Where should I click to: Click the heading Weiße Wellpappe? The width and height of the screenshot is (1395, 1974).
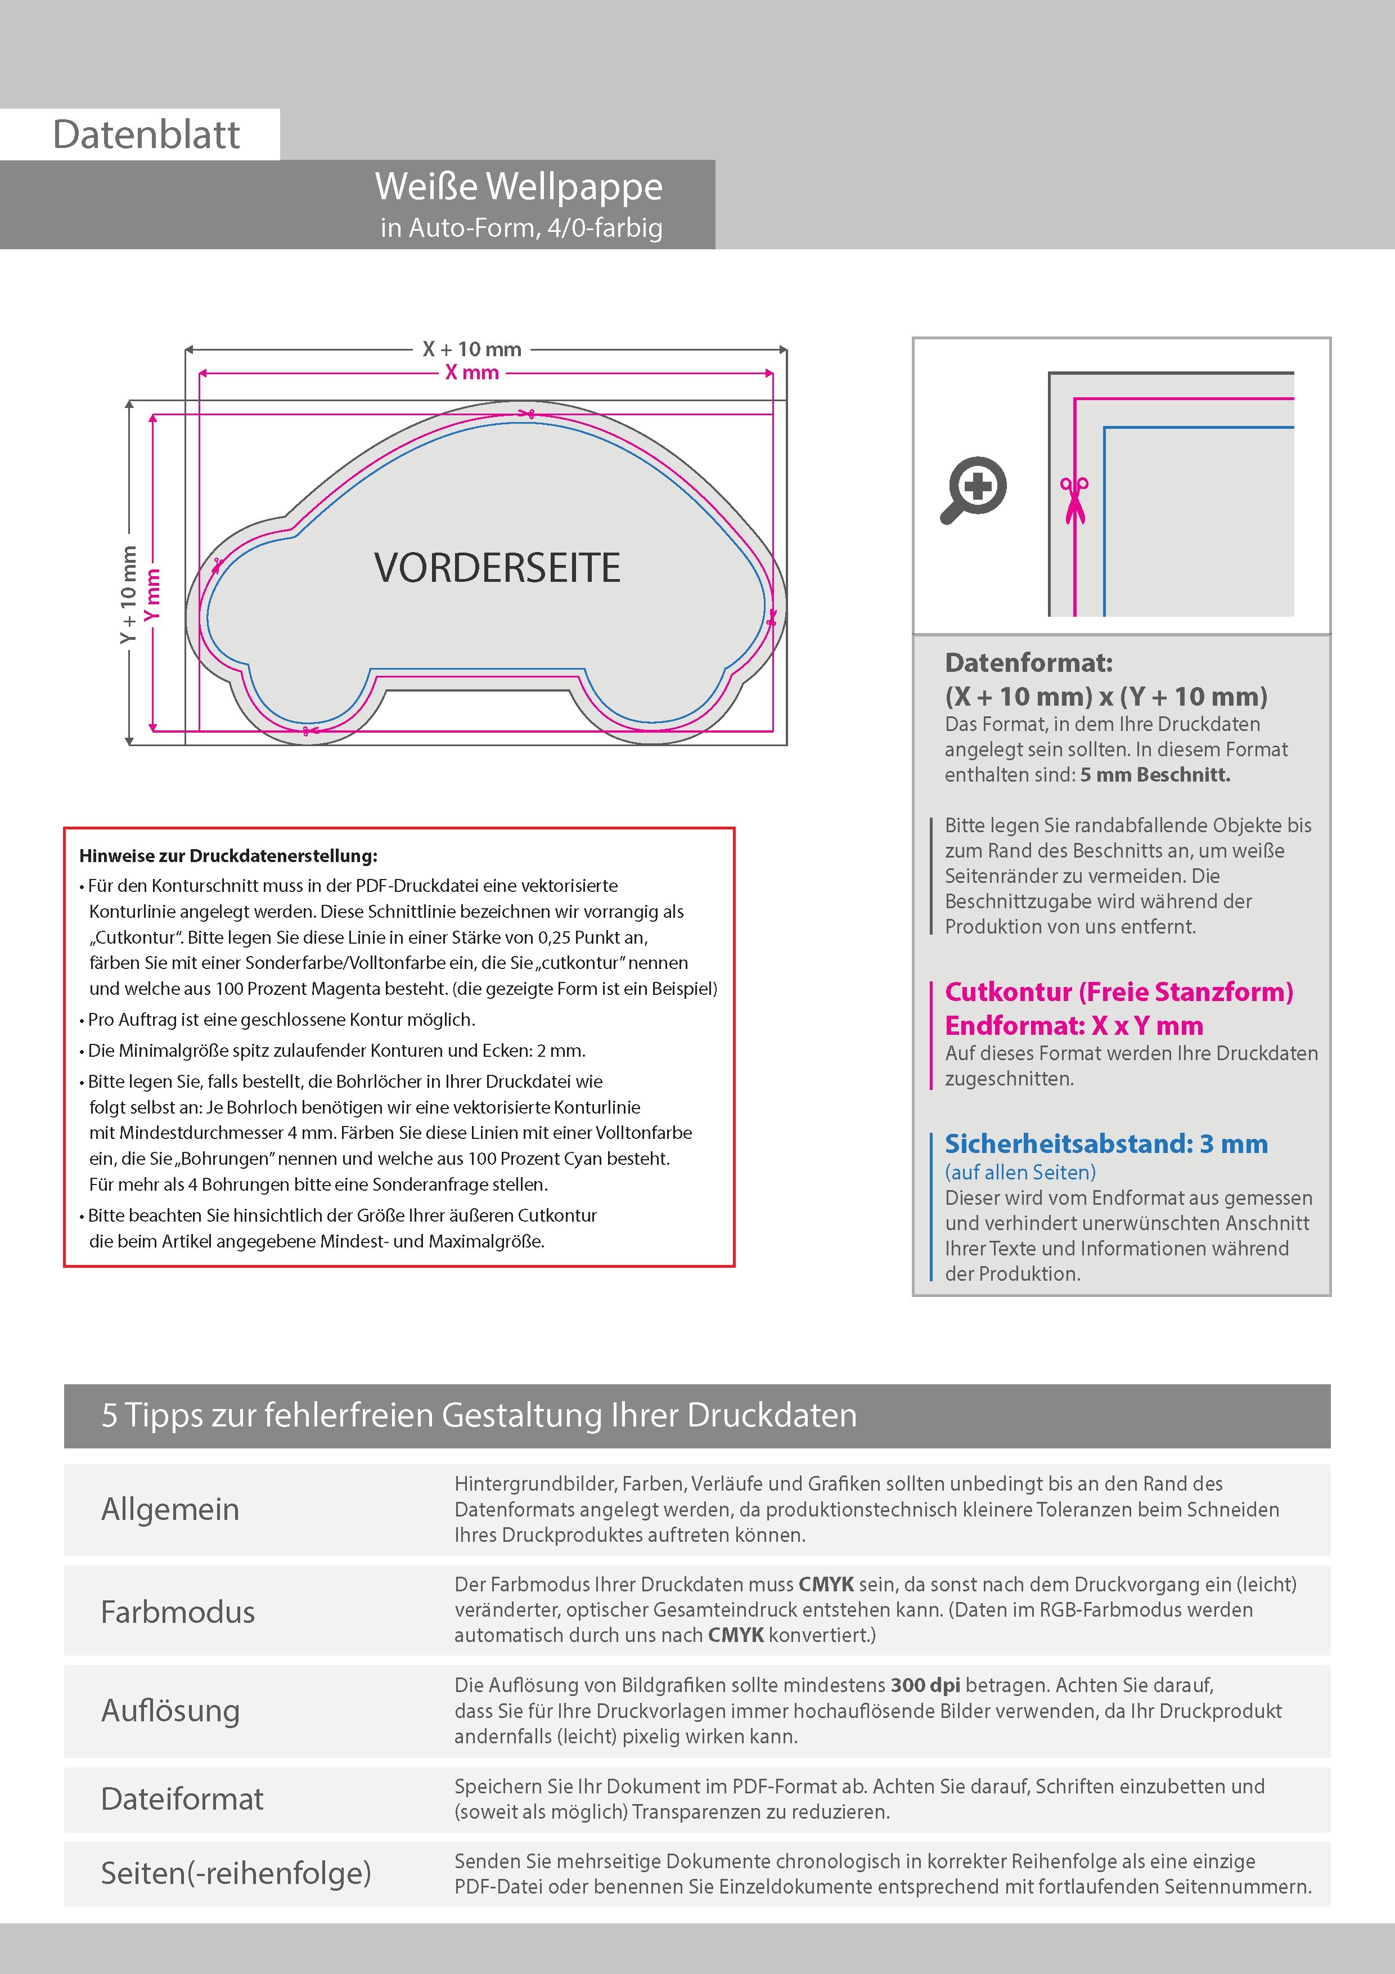click(518, 187)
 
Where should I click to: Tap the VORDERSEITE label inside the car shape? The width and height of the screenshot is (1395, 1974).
click(497, 568)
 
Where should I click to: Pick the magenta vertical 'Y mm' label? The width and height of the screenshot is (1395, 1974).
click(152, 594)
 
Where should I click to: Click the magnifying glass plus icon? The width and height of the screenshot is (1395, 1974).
click(975, 489)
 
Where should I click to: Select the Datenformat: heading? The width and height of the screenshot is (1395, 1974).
click(1028, 663)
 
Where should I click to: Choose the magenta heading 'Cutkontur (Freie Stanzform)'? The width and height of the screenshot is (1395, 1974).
click(1118, 992)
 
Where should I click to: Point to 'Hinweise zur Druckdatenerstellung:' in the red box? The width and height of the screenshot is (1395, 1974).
click(228, 856)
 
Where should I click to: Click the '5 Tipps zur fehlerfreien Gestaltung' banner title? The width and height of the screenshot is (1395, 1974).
click(479, 1415)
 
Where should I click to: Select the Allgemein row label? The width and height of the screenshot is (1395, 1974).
click(170, 1510)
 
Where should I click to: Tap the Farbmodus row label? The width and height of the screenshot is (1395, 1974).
click(178, 1612)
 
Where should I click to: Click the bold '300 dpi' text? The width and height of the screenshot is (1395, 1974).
click(926, 1685)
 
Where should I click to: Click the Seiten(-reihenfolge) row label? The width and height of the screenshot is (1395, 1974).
click(236, 1873)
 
